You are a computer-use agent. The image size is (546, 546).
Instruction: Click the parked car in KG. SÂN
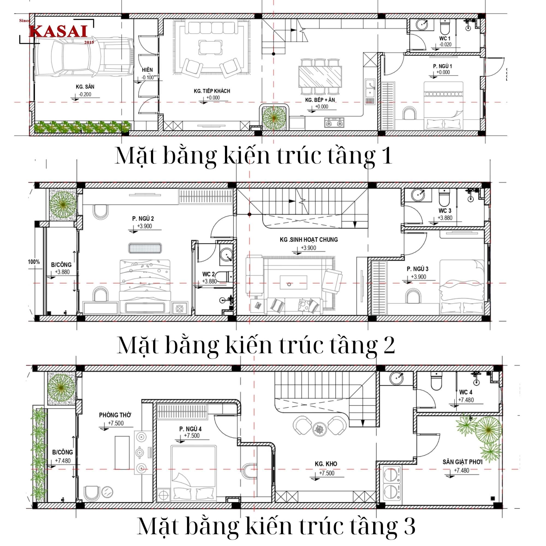83,57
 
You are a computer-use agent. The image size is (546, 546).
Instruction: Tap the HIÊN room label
147,70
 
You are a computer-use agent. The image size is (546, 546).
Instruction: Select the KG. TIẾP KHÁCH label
212,91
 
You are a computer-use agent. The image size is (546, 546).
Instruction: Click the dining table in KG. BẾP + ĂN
320,77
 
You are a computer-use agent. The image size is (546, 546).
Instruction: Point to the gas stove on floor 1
334,123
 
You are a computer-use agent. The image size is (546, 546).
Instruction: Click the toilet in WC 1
445,27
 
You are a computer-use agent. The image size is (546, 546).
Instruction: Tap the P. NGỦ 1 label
442,66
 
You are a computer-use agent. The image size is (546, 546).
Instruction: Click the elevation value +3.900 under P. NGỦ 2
144,226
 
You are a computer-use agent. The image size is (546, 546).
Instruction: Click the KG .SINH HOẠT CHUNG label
308,240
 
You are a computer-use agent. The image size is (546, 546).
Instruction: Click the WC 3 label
445,211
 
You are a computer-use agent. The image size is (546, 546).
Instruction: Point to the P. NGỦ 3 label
417,269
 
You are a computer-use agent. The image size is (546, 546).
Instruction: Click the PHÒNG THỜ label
115,415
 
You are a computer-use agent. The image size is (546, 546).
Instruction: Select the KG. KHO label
326,464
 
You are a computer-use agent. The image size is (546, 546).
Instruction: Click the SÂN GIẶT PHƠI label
462,462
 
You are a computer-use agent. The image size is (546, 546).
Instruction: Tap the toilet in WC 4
436,381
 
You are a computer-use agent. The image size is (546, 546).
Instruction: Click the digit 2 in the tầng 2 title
389,345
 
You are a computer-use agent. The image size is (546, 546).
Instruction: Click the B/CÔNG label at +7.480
63,452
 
